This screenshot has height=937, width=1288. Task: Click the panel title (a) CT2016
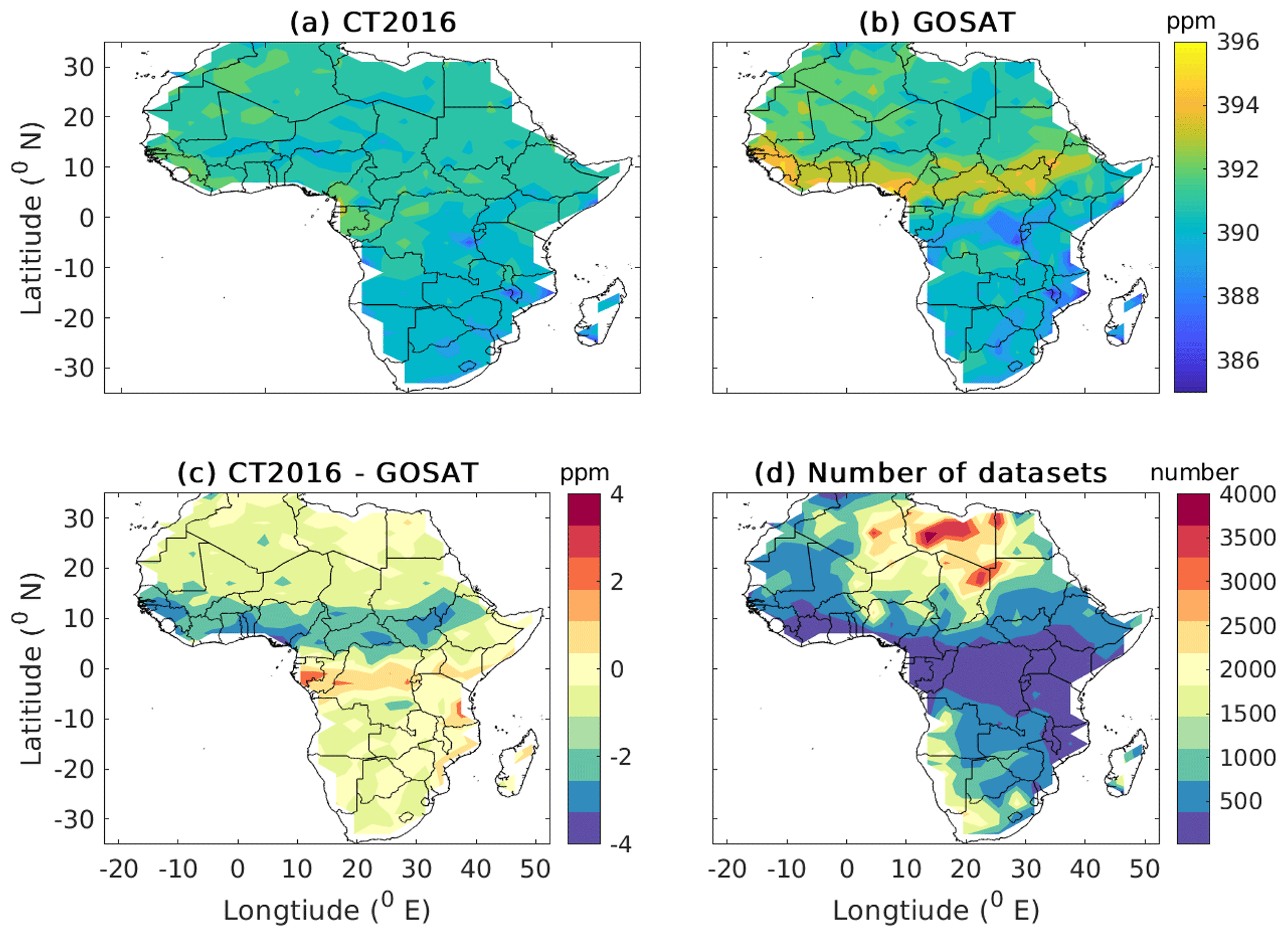[373, 22]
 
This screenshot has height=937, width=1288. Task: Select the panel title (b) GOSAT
[937, 22]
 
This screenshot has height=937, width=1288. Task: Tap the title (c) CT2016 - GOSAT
[328, 473]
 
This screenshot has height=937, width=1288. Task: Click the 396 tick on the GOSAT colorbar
[1238, 42]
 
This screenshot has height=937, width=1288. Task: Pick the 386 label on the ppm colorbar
[1238, 360]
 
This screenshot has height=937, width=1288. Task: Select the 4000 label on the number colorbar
[1247, 494]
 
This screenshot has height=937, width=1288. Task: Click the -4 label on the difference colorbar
[621, 845]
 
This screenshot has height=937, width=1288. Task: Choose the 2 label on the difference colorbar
[617, 582]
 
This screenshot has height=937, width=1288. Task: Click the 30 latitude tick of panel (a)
[79, 67]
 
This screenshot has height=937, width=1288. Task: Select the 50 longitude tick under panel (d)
[1144, 869]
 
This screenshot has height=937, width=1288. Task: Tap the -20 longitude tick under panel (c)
[119, 869]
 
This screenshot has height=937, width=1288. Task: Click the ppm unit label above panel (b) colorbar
[1190, 22]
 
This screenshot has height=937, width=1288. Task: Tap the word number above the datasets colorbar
[1194, 473]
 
